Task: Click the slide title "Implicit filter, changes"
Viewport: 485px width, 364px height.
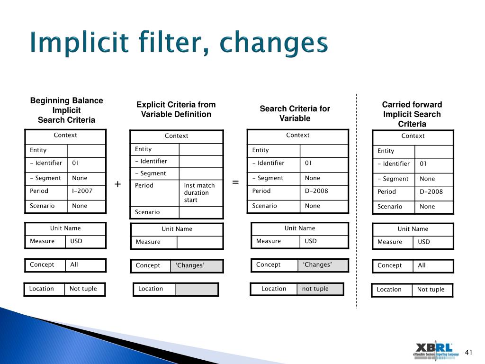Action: tap(178, 44)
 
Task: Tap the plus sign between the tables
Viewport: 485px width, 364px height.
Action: tap(117, 184)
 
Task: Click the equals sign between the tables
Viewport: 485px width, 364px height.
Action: tap(235, 182)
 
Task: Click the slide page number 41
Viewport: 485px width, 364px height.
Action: tap(469, 352)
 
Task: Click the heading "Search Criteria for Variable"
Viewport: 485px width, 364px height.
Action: tap(295, 113)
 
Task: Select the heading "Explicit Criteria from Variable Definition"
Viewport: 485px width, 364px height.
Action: tap(176, 109)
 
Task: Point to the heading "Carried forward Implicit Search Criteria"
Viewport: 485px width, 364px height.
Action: tap(412, 114)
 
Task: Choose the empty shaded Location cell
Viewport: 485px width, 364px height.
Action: tap(197, 289)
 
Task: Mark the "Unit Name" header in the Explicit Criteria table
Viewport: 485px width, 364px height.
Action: tap(177, 229)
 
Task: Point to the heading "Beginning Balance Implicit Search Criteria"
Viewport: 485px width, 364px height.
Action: tap(66, 110)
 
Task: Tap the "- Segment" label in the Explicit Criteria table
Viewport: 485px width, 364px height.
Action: tap(150, 173)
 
